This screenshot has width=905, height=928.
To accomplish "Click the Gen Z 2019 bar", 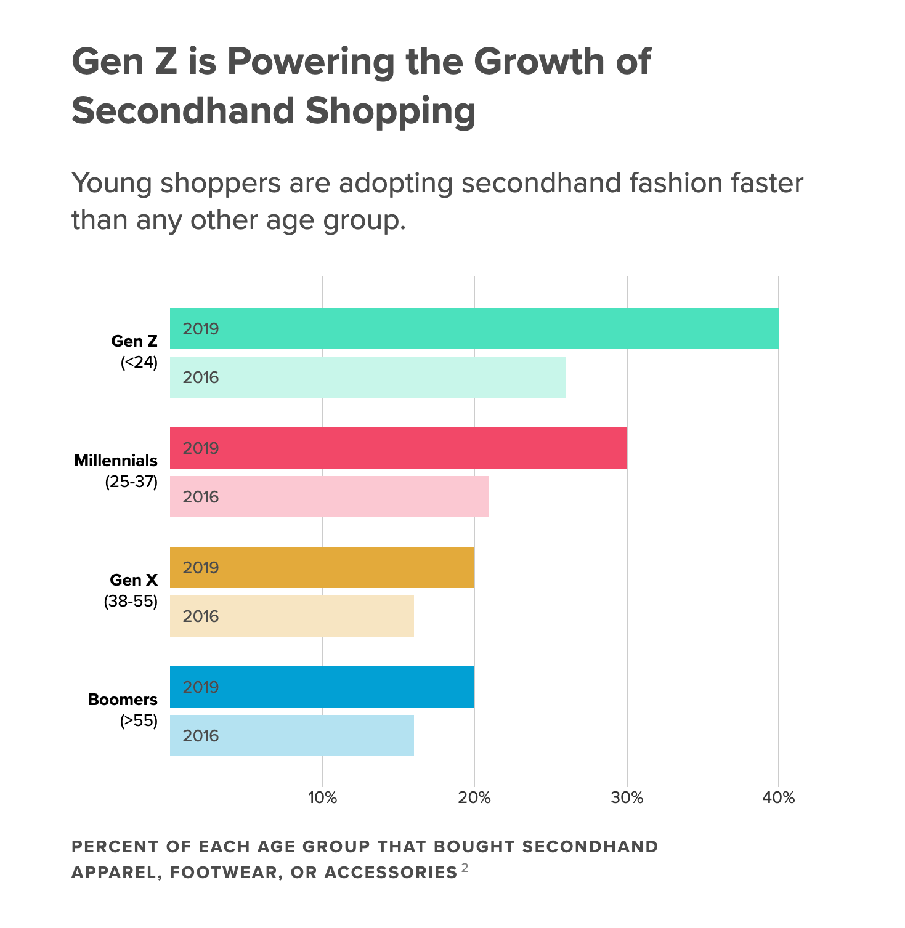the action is pyautogui.click(x=474, y=328).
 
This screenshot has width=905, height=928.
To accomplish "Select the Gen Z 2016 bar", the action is pyautogui.click(x=368, y=377).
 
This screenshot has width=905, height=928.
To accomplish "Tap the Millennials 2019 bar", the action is pyautogui.click(x=399, y=448).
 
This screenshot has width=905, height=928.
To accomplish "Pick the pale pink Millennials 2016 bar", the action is pyautogui.click(x=330, y=496).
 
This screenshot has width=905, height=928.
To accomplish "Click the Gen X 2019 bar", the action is pyautogui.click(x=322, y=567).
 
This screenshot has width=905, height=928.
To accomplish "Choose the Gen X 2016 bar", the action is pyautogui.click(x=292, y=616).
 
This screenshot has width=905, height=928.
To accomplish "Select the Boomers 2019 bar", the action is pyautogui.click(x=322, y=687).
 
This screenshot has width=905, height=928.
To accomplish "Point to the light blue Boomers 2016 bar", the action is pyautogui.click(x=292, y=735).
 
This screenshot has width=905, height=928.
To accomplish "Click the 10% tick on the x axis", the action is pyautogui.click(x=322, y=798).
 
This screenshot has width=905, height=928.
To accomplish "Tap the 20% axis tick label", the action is pyautogui.click(x=474, y=798).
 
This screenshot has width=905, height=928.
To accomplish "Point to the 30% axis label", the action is pyautogui.click(x=627, y=798).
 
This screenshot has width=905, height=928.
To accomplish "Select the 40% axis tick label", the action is pyautogui.click(x=779, y=798).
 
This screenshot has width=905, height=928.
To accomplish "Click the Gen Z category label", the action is pyautogui.click(x=134, y=341).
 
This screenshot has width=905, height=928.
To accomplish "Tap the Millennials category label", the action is pyautogui.click(x=116, y=461).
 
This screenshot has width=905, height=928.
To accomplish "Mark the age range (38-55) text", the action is pyautogui.click(x=131, y=602).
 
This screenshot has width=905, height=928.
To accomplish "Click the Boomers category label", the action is pyautogui.click(x=123, y=700).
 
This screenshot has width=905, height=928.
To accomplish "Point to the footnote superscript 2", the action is pyautogui.click(x=465, y=868).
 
